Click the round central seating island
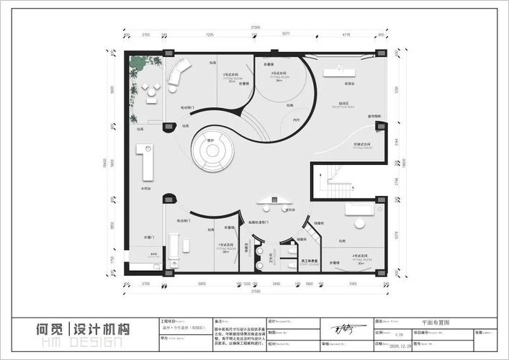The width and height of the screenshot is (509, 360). [212, 153]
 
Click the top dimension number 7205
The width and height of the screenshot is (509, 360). [210, 35]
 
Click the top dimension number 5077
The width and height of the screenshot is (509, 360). [286, 35]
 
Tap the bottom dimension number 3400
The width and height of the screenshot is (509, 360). [276, 284]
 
